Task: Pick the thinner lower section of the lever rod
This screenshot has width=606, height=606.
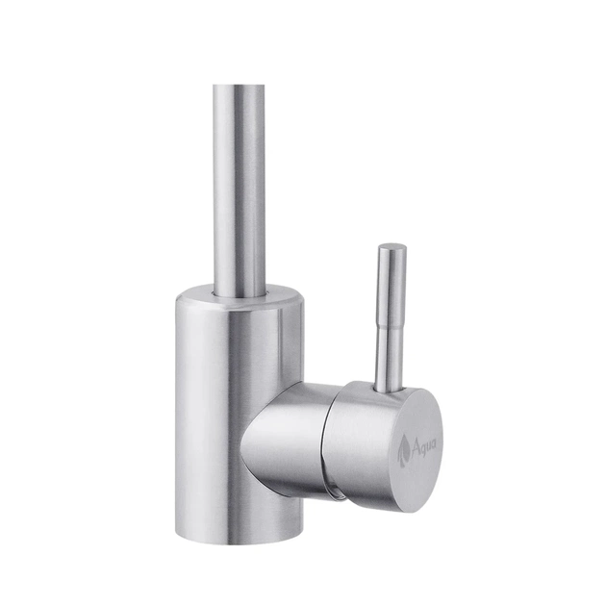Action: [x=389, y=356]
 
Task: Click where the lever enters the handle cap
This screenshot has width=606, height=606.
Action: [x=388, y=390]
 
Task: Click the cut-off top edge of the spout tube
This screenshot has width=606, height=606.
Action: [x=238, y=88]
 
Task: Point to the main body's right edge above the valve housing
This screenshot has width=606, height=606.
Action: [x=301, y=346]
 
